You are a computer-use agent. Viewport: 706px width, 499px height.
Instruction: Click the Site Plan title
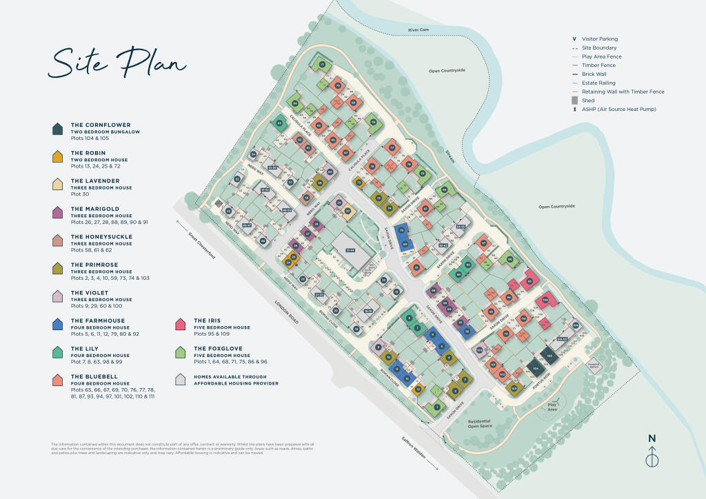[117, 63]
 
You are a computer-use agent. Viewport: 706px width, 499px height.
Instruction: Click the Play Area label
[552, 406]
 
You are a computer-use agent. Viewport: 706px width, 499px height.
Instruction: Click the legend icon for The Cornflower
[58, 129]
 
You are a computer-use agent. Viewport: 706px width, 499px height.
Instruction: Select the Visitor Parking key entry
[600, 39]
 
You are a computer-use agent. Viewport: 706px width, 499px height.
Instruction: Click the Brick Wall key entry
[598, 74]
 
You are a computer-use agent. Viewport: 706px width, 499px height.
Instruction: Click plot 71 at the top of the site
[322, 65]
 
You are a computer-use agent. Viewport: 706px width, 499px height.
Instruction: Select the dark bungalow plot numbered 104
[535, 368]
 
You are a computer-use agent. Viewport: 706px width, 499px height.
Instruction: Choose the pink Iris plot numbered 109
[545, 301]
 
